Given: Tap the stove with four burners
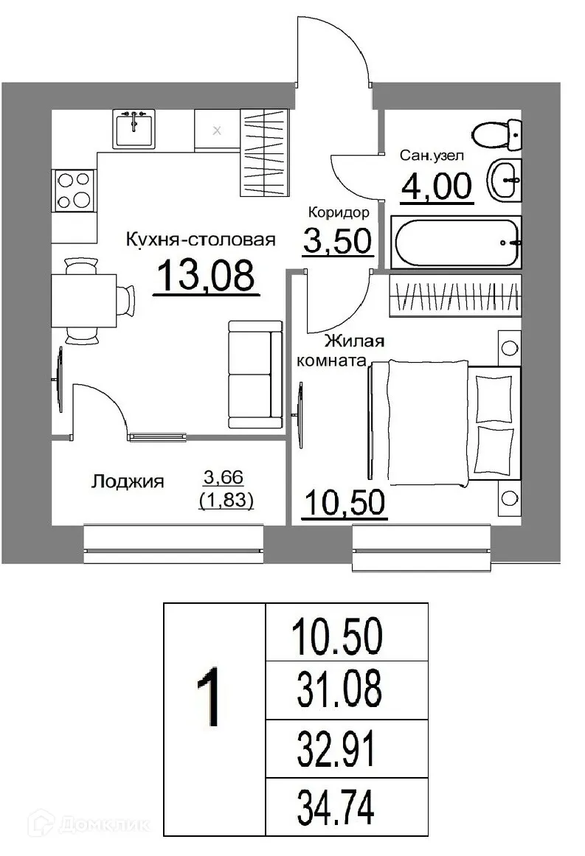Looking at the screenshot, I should point(73,189).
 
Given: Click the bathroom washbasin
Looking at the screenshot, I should point(505,178).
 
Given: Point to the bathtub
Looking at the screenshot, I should point(457,242).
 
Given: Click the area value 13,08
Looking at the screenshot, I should point(206,276).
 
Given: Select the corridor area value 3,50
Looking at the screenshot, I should point(336,240).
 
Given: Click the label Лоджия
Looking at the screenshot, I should point(128,482).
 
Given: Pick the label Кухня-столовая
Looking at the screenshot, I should point(201,240).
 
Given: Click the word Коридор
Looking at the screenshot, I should point(339,213).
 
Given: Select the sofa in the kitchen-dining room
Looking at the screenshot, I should point(255,375).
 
